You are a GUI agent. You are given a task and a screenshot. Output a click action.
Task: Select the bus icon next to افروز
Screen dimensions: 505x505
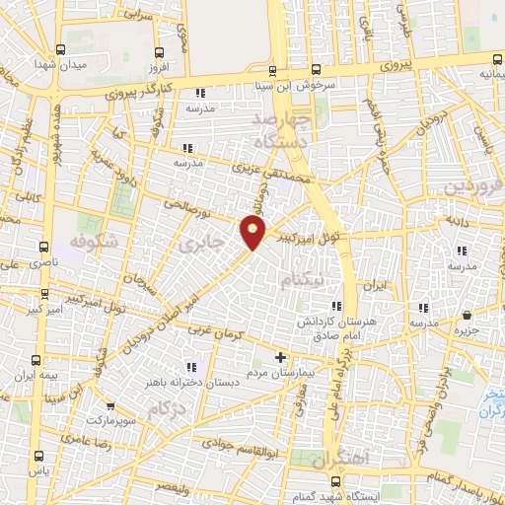pos(159,52)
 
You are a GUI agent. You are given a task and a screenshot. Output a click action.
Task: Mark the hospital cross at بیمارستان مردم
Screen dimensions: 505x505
pos(280,356)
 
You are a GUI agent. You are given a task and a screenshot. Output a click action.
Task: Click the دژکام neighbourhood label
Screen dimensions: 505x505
pos(167,405)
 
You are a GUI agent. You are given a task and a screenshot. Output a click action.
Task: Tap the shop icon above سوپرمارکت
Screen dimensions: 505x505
pos(110,405)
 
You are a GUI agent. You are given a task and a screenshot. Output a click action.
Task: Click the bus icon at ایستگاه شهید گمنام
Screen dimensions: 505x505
pos(337,481)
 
